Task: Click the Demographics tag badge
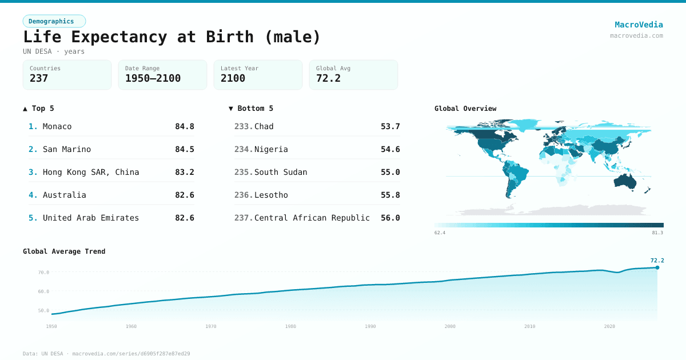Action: (x=54, y=21)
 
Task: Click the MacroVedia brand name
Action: (x=639, y=25)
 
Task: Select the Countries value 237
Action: (x=39, y=78)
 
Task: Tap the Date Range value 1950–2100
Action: (x=153, y=78)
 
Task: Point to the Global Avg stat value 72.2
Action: (x=328, y=78)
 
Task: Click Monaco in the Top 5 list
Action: (x=57, y=126)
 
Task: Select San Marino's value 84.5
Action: (x=184, y=149)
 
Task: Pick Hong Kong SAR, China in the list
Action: (x=91, y=172)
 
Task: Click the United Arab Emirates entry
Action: (x=91, y=218)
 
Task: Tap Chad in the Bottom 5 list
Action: (x=264, y=126)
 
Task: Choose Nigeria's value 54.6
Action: (x=390, y=149)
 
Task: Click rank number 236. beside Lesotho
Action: (x=243, y=195)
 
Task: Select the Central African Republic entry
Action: (x=312, y=218)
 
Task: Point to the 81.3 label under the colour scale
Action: (x=657, y=233)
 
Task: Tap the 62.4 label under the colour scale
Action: (x=440, y=233)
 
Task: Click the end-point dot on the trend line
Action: (x=657, y=267)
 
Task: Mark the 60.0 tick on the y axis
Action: (x=43, y=291)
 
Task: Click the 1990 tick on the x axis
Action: (x=370, y=326)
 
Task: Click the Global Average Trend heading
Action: (x=64, y=251)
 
